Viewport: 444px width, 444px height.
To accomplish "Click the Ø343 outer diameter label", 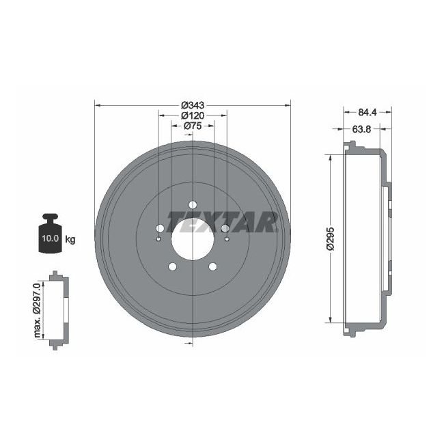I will (x=193, y=105).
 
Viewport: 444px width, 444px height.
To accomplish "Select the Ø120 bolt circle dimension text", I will (x=193, y=115).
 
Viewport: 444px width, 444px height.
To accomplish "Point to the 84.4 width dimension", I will (x=368, y=112).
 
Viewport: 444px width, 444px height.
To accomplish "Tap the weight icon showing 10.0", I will (x=49, y=236).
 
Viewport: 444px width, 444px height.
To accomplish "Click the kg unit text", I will (x=70, y=239).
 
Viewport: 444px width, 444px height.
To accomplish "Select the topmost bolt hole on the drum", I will (x=193, y=204).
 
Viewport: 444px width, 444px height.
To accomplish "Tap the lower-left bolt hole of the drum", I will (x=173, y=266).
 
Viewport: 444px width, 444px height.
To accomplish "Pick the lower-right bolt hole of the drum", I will (x=212, y=266).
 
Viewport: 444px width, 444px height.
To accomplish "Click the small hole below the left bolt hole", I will (x=159, y=239).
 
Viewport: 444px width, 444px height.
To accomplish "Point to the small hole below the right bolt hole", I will (x=226, y=239).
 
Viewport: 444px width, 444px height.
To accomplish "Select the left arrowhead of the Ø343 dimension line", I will (x=98, y=105).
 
